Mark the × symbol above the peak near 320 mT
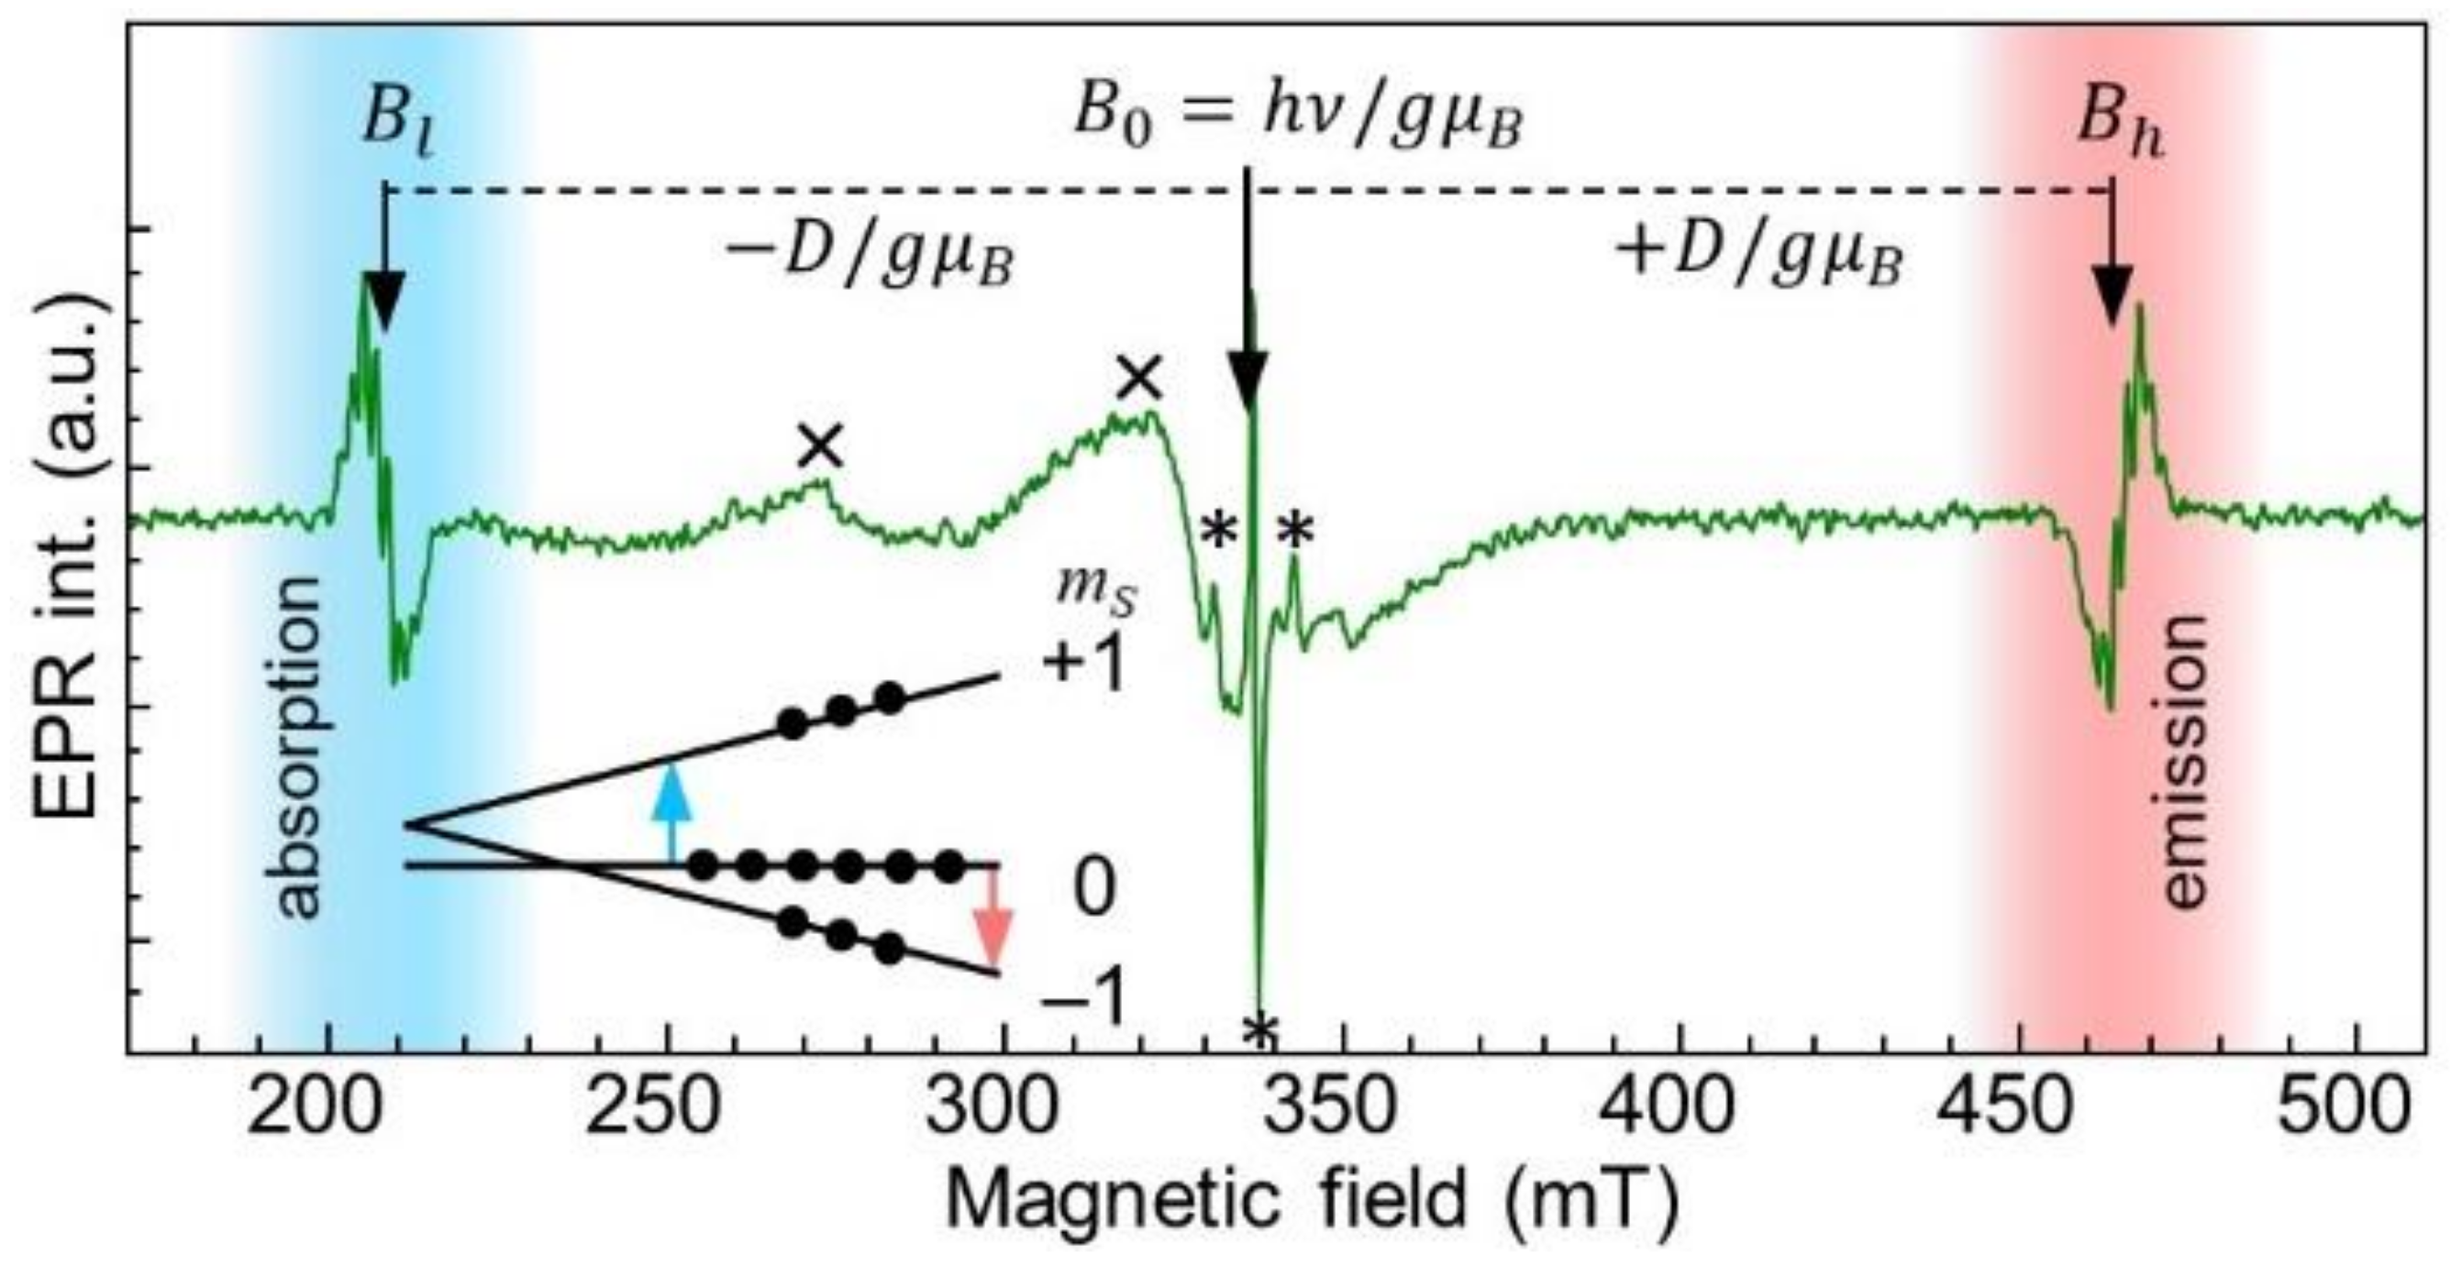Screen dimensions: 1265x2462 click(1140, 380)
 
